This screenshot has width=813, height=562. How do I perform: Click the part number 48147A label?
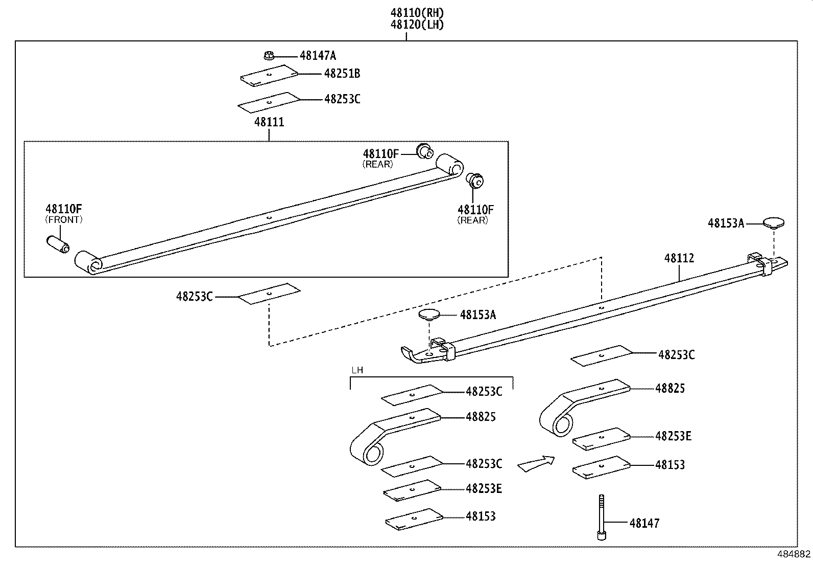tap(318, 56)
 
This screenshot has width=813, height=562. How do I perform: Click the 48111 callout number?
tap(269, 122)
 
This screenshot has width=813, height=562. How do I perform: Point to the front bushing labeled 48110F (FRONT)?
tap(58, 244)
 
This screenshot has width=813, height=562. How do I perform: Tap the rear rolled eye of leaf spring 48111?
tap(450, 165)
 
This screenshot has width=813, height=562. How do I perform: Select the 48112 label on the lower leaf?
tap(679, 258)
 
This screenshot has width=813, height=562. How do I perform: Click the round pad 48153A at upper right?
tap(774, 222)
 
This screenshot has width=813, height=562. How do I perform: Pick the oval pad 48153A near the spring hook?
tap(429, 314)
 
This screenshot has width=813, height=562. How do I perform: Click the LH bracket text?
tap(357, 370)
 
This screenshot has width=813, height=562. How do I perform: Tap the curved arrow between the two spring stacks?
tap(536, 463)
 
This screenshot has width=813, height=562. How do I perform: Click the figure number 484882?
tap(794, 554)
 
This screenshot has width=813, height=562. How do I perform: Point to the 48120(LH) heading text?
tap(417, 25)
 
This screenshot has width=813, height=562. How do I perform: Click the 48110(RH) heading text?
tap(417, 13)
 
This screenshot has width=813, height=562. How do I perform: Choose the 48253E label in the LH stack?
tap(484, 489)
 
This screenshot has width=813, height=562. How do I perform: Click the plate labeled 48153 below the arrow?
tap(602, 468)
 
